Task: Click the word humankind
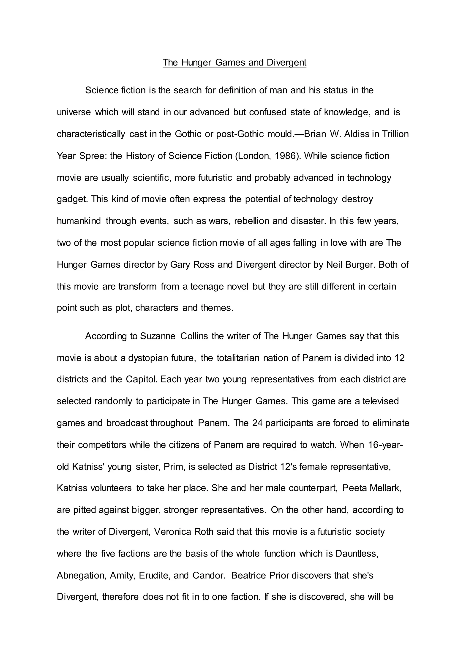pos(79,221)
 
